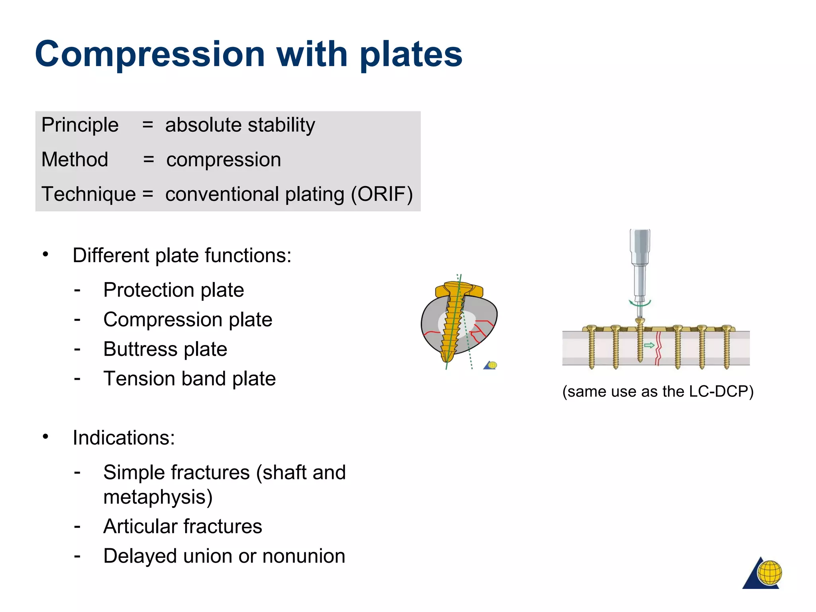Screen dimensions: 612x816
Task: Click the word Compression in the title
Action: click(150, 55)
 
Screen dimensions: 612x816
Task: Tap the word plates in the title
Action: click(410, 55)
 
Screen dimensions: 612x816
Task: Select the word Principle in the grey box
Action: click(80, 125)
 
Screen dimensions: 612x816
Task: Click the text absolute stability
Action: click(240, 125)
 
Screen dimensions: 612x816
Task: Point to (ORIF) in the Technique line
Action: click(381, 194)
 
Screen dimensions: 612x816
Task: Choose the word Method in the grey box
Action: click(75, 160)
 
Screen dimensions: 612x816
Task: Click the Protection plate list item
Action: click(173, 290)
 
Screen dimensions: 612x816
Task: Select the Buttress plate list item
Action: click(165, 349)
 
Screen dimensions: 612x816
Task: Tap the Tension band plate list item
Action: click(189, 379)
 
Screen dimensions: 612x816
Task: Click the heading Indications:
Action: click(124, 438)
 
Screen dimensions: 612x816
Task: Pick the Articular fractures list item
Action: click(182, 526)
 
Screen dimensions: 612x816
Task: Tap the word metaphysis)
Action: click(158, 497)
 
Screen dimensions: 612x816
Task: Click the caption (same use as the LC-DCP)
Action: click(657, 391)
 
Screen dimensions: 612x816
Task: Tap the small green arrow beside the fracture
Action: click(649, 345)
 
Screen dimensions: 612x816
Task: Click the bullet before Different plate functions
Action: click(46, 254)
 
